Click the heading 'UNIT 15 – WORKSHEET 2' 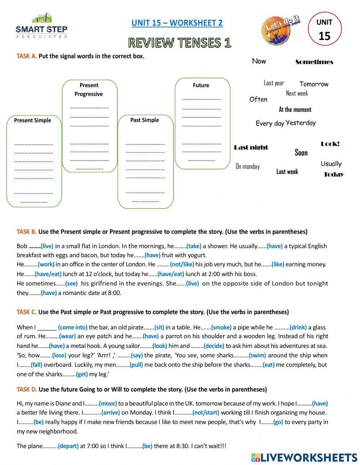[177, 23]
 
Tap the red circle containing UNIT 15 [324, 30]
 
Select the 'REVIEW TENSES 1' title [180, 43]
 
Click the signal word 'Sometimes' [314, 62]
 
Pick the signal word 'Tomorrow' [314, 84]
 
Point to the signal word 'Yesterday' [301, 123]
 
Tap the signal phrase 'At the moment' [295, 109]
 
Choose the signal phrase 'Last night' [251, 147]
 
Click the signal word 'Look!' [330, 144]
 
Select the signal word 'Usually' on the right [331, 164]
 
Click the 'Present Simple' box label [32, 120]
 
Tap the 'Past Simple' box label [144, 120]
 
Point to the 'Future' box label [201, 85]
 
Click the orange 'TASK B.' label [27, 232]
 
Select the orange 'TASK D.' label [27, 389]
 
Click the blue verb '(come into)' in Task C [73, 327]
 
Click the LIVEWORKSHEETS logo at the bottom [304, 457]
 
